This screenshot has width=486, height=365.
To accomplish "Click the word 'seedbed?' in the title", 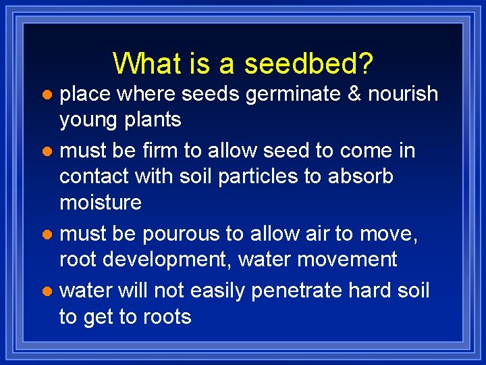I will [309, 64].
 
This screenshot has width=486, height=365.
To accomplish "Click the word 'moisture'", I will [101, 203].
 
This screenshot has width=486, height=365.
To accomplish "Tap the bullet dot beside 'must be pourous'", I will [46, 235].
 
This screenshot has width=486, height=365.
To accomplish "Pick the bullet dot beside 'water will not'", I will [46, 291].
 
